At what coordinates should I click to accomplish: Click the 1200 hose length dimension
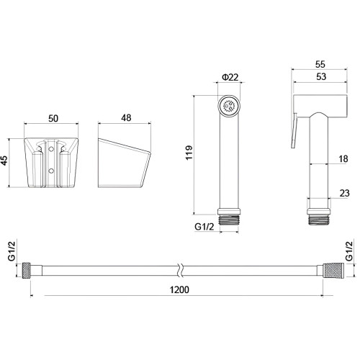(x=179, y=289)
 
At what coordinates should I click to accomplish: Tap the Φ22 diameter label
(x=230, y=77)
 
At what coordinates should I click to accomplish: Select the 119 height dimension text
(x=189, y=153)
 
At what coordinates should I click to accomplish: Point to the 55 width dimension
(x=320, y=64)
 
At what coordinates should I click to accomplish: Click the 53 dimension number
(x=321, y=76)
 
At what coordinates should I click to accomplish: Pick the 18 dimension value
(x=343, y=159)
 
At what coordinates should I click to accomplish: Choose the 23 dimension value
(x=344, y=193)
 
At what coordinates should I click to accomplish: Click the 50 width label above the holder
(x=53, y=118)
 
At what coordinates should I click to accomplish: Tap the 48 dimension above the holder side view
(x=126, y=118)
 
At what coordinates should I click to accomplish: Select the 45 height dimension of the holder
(x=5, y=161)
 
